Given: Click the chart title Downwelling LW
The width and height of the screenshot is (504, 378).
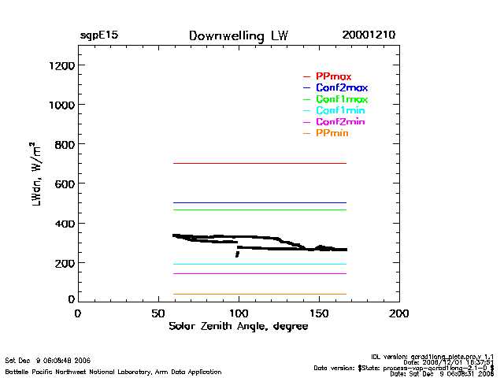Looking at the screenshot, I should click(x=238, y=36).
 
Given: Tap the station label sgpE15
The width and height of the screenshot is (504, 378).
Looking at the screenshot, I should click(x=98, y=36).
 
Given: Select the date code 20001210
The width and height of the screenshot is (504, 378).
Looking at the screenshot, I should click(x=369, y=36).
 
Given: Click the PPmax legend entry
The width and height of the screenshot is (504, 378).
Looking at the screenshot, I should click(x=333, y=76).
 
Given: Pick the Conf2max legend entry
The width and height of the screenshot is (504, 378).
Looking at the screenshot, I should click(x=341, y=87).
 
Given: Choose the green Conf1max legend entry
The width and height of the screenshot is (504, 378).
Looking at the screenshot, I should click(x=341, y=99).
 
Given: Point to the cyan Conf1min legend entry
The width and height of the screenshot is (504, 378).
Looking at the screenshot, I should click(x=340, y=111).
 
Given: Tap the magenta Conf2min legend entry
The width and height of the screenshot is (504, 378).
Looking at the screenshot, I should click(x=340, y=122).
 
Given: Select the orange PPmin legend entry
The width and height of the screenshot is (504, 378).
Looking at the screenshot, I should click(x=332, y=134).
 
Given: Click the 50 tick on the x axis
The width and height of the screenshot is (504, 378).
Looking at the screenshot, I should click(x=157, y=313).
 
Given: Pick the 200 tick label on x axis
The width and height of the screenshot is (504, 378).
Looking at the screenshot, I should click(x=399, y=313).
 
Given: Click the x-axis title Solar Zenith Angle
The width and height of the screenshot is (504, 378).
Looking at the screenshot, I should click(x=238, y=326).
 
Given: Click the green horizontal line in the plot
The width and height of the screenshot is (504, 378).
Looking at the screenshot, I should click(x=260, y=209).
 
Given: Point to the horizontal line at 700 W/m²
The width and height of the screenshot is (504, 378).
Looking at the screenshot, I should click(x=260, y=163).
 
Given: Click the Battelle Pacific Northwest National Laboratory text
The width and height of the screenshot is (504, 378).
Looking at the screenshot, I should click(x=113, y=370).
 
